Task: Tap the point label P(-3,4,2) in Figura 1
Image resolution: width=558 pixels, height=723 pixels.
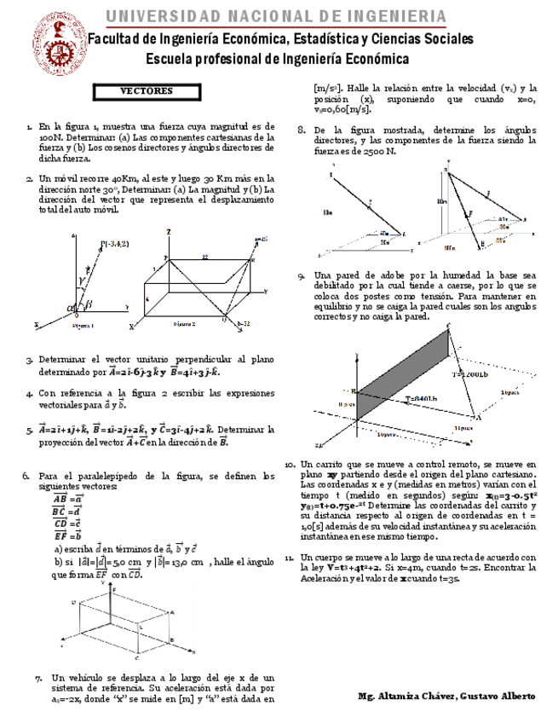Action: pyautogui.click(x=115, y=245)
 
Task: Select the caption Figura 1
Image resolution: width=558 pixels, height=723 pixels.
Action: pyautogui.click(x=83, y=326)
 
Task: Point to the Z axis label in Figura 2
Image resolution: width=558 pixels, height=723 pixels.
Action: pyautogui.click(x=170, y=232)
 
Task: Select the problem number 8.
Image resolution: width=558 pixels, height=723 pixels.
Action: pyautogui.click(x=301, y=130)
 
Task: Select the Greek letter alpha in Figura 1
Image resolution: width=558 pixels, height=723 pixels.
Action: pyautogui.click(x=71, y=308)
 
